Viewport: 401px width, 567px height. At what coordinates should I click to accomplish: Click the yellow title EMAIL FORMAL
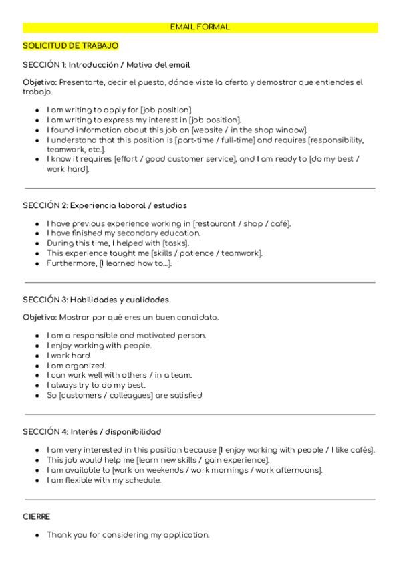pyautogui.click(x=200, y=27)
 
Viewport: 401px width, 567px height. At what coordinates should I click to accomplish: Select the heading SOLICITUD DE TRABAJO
pyautogui.click(x=71, y=45)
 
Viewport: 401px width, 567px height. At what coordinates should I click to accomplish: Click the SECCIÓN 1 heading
pyautogui.click(x=107, y=65)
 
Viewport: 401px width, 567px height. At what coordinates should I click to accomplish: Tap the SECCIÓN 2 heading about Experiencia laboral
pyautogui.click(x=105, y=205)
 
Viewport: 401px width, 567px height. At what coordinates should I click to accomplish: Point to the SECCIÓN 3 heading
pyautogui.click(x=96, y=300)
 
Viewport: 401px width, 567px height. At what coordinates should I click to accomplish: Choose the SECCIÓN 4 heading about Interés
pyautogui.click(x=92, y=432)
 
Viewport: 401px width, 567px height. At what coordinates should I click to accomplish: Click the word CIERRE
pyautogui.click(x=37, y=517)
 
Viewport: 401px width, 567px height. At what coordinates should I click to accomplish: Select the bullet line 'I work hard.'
pyautogui.click(x=69, y=356)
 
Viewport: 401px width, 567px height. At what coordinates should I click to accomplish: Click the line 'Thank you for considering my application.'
pyautogui.click(x=128, y=535)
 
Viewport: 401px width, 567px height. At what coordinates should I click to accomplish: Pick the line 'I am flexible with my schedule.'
pyautogui.click(x=104, y=480)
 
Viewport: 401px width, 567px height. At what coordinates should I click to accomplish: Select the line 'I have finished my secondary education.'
pyautogui.click(x=124, y=233)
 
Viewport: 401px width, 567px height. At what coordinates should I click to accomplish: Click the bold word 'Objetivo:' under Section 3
pyautogui.click(x=40, y=317)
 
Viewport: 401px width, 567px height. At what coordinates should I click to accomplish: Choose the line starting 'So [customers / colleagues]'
pyautogui.click(x=124, y=395)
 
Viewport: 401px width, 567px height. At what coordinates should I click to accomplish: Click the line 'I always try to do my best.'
pyautogui.click(x=96, y=385)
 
